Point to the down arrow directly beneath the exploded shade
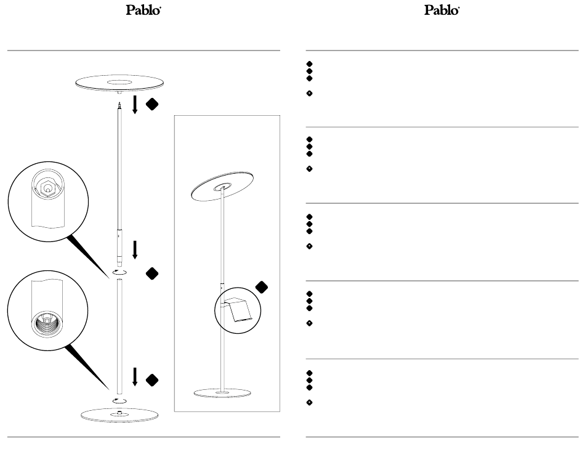pos(135,105)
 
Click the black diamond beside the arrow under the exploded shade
pos(153,105)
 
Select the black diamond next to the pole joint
pos(153,272)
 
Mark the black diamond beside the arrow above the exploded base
pos(153,379)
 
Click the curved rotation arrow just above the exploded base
pos(118,400)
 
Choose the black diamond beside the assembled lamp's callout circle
pos(262,286)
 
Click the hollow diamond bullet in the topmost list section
pos(310,94)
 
